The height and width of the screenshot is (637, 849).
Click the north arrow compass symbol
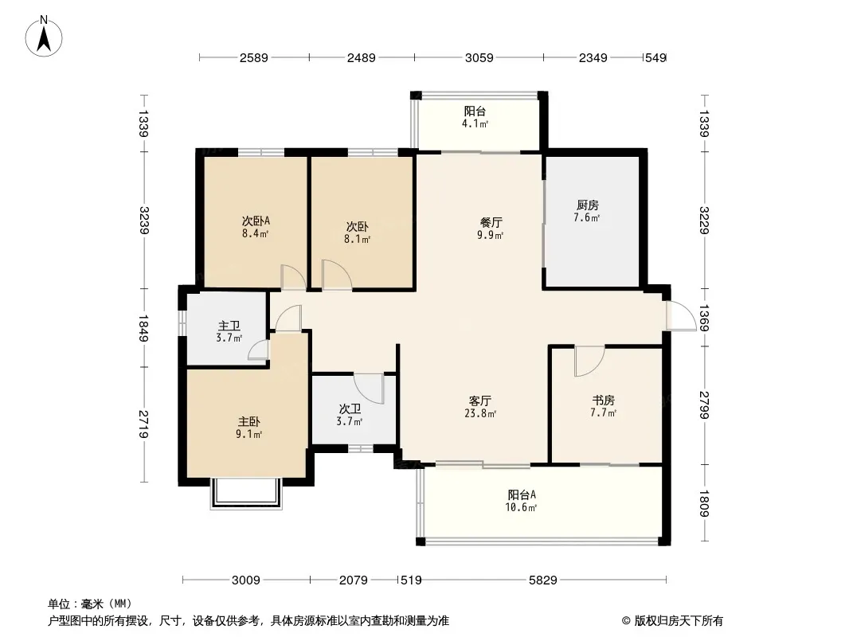tap(44, 37)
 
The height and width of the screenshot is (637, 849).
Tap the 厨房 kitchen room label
tap(588, 205)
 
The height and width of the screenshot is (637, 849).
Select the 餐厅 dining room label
tap(491, 222)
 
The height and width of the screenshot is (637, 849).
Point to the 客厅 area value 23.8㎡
tap(479, 414)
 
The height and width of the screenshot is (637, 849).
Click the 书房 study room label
tap(603, 400)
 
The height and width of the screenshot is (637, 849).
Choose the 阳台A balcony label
tap(522, 494)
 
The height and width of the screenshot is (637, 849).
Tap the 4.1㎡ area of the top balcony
tap(475, 124)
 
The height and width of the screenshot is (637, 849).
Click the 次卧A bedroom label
tap(256, 221)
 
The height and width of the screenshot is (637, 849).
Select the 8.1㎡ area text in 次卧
tap(358, 239)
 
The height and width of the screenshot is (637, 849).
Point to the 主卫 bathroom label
tap(229, 326)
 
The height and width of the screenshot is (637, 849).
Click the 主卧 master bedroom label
tap(249, 421)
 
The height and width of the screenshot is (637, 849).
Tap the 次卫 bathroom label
tap(350, 408)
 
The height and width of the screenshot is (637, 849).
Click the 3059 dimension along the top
tap(479, 57)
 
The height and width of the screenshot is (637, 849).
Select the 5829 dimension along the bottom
tap(542, 580)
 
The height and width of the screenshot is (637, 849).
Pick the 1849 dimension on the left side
tap(143, 328)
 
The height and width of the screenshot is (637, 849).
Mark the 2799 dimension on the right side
tap(704, 404)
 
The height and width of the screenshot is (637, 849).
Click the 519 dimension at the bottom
tap(411, 580)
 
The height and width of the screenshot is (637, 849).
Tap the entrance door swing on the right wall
tap(682, 315)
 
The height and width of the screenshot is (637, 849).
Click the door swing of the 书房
tap(589, 361)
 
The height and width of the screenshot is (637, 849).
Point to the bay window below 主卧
tap(246, 494)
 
